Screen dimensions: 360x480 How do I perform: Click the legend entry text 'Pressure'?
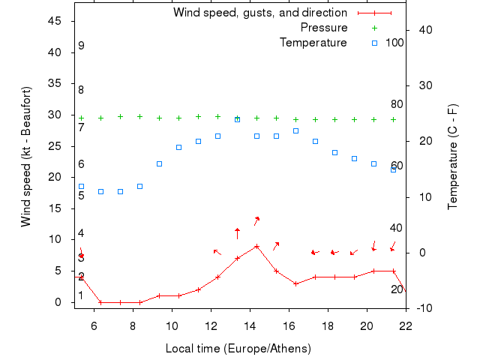pyautogui.click(x=324, y=28)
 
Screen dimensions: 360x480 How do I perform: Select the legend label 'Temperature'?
pyautogui.click(x=313, y=42)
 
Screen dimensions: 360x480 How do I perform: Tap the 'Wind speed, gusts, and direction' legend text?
pyautogui.click(x=260, y=13)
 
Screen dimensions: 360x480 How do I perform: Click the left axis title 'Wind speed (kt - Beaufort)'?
pyautogui.click(x=26, y=157)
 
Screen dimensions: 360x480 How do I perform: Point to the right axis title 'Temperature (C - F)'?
pyautogui.click(x=452, y=157)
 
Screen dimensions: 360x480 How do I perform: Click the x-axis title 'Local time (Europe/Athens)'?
pyautogui.click(x=238, y=349)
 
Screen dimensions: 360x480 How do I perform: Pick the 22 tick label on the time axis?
pyautogui.click(x=406, y=325)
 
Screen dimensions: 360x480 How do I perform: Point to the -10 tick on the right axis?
pyautogui.click(x=424, y=308)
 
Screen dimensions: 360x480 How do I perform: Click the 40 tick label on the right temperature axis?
pyautogui.click(x=424, y=30)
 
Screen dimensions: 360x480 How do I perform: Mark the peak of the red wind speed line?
pyautogui.click(x=256, y=246)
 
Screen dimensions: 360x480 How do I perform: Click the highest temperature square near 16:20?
pyautogui.click(x=295, y=130)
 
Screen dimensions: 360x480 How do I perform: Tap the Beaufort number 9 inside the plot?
pyautogui.click(x=81, y=46)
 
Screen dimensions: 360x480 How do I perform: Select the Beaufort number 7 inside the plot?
pyautogui.click(x=81, y=127)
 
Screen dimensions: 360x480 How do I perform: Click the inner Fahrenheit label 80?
pyautogui.click(x=397, y=104)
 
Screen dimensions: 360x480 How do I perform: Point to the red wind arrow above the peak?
pyautogui.click(x=256, y=220)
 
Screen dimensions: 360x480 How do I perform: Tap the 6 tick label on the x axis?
pyautogui.click(x=94, y=325)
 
